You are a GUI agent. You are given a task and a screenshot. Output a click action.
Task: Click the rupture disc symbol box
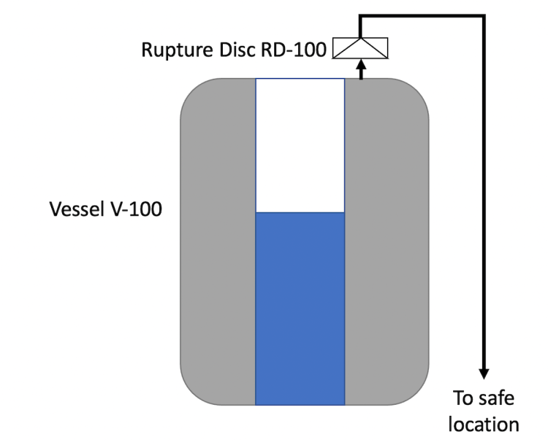[360, 47]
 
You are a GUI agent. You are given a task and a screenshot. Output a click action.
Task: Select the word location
[484, 425]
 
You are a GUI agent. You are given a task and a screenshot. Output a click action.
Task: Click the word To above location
[463, 398]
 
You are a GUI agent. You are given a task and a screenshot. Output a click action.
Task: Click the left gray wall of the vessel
[218, 241]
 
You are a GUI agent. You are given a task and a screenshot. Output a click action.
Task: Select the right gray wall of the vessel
[386, 241]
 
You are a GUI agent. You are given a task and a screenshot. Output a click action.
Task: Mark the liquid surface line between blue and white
[300, 212]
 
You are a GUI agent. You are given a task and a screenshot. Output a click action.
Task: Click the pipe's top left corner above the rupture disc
[360, 15]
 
